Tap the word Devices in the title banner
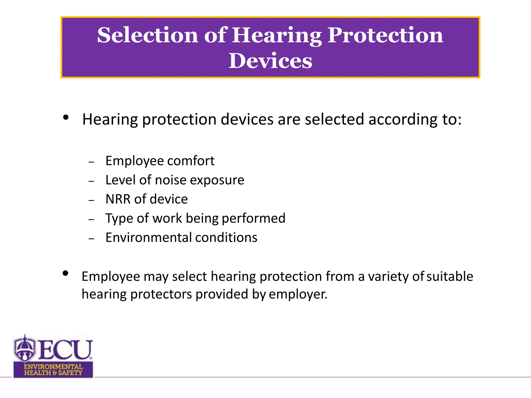point(270,61)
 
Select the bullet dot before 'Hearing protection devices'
point(66,117)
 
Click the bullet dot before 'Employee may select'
point(65,273)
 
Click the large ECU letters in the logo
point(65,350)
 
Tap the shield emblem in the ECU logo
point(24,349)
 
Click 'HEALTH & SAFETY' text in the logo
point(53,373)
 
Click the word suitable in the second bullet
point(450,276)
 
